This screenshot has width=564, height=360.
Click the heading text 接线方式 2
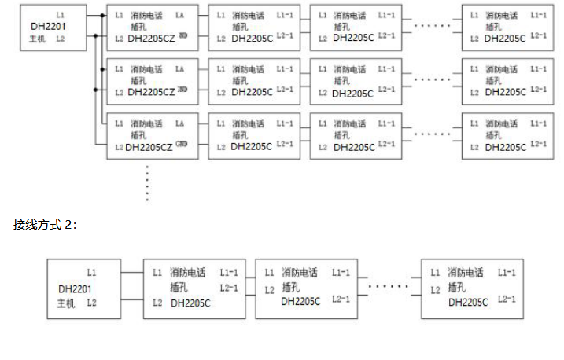pyautogui.click(x=45, y=225)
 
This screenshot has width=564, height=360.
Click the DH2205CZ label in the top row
pyautogui.click(x=151, y=38)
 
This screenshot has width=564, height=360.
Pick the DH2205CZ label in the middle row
pyautogui.click(x=151, y=92)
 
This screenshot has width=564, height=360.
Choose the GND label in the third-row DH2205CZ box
pyautogui.click(x=182, y=144)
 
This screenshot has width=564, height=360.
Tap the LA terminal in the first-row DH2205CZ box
pyautogui.click(x=180, y=15)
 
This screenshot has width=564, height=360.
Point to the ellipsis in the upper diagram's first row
pyautogui.click(x=432, y=25)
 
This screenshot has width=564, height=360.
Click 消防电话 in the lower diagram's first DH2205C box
pyautogui.click(x=188, y=273)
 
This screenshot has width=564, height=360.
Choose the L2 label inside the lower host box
pyautogui.click(x=91, y=302)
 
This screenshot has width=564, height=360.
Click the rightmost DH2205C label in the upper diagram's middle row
pyautogui.click(x=504, y=92)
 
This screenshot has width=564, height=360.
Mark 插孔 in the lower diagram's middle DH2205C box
pyautogui.click(x=290, y=287)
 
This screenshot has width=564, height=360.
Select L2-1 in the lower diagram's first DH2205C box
pyautogui.click(x=229, y=288)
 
